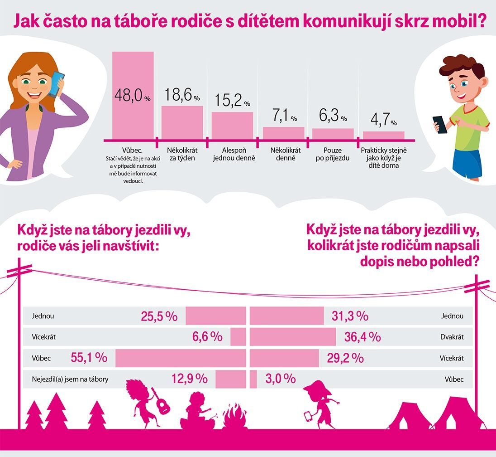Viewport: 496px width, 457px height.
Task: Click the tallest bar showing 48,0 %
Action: pos(133,95)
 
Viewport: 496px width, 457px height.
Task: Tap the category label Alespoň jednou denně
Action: pos(232,154)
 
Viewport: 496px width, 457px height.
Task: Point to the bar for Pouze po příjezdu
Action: pos(333,134)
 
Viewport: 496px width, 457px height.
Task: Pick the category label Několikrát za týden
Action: pos(181,154)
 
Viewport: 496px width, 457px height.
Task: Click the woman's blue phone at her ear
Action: pos(56,84)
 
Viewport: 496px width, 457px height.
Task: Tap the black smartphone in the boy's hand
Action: pos(439,124)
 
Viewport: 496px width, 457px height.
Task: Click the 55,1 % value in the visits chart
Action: pos(89,358)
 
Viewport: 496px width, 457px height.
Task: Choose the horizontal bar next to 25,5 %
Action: pos(215,316)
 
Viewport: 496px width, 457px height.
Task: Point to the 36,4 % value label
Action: pos(362,337)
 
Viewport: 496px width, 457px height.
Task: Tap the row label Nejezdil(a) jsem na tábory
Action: pos(70,379)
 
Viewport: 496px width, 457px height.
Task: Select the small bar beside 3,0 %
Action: pos(253,379)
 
